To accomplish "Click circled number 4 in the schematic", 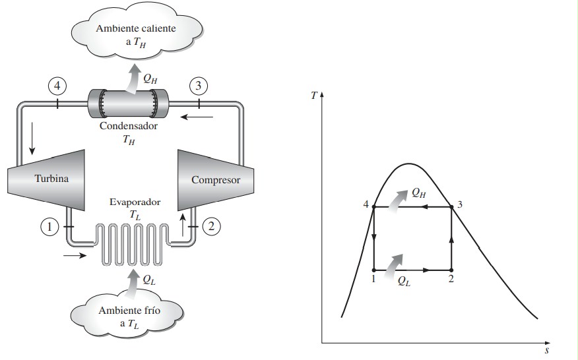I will [58, 86].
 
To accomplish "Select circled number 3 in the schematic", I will [198, 86].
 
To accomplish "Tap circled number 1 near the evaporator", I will [49, 227].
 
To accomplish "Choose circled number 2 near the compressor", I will [211, 226].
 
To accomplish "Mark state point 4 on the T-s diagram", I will [373, 207].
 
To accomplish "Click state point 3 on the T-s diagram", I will [451, 207].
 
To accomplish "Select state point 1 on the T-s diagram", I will [373, 270].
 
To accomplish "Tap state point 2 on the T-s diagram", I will [451, 270].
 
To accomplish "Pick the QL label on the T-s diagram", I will [404, 280].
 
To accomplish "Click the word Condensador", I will [128, 125].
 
